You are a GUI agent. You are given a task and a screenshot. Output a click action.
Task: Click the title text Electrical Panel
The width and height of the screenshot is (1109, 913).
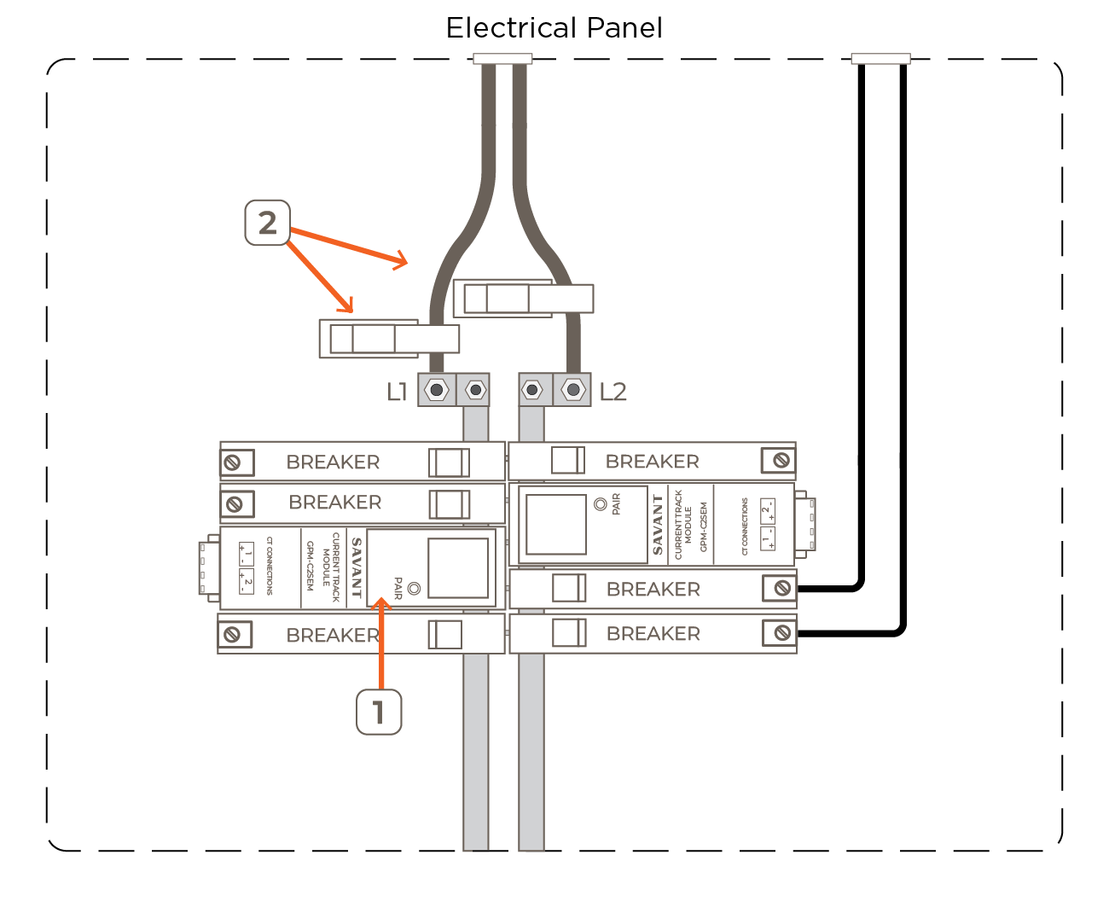[554, 28]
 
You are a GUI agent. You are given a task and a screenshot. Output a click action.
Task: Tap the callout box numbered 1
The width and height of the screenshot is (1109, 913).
[379, 712]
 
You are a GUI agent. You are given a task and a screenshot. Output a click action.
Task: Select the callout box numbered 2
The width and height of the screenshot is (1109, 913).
[267, 223]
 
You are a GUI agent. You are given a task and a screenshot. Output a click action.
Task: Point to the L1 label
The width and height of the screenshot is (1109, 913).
[397, 392]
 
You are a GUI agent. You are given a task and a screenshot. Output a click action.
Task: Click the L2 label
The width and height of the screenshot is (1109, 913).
[613, 392]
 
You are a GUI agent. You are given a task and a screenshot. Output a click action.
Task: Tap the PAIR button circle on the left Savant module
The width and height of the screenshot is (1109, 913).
[415, 588]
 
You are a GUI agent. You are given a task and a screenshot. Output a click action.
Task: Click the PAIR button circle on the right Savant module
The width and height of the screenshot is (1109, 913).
[601, 504]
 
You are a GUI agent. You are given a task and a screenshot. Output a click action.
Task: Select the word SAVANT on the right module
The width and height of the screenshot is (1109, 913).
[658, 525]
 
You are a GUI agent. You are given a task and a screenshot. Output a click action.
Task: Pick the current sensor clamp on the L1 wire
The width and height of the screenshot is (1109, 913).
[388, 339]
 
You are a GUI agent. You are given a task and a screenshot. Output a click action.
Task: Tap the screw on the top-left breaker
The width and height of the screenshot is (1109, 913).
[232, 462]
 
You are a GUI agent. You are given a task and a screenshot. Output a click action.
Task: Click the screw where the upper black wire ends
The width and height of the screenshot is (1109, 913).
[781, 588]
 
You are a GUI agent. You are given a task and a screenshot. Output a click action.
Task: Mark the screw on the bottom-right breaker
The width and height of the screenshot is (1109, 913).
[781, 632]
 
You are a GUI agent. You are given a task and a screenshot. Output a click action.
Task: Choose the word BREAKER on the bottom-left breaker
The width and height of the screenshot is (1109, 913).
[333, 635]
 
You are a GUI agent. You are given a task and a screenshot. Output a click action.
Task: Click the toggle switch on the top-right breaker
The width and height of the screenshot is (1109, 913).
[567, 460]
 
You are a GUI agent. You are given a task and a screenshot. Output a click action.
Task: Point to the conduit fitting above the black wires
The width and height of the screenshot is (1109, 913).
[880, 59]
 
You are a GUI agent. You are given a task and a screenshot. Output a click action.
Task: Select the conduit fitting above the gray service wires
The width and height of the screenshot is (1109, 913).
[502, 59]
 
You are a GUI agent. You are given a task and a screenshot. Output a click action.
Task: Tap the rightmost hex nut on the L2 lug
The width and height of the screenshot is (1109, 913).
[573, 390]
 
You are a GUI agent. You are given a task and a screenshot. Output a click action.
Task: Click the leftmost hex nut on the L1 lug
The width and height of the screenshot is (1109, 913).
[437, 390]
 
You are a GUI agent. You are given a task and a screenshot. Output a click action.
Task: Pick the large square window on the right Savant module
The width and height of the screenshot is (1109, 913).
[555, 524]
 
